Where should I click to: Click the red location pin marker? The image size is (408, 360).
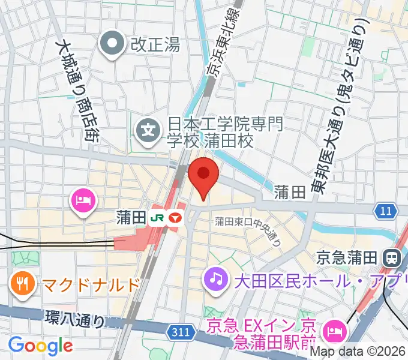(x=203, y=175)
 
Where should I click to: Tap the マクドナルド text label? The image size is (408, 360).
(x=91, y=284)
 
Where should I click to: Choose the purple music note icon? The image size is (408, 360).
(x=214, y=278)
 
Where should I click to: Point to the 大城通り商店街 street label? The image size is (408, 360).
(x=77, y=90)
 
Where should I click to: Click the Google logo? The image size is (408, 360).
(x=40, y=346)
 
